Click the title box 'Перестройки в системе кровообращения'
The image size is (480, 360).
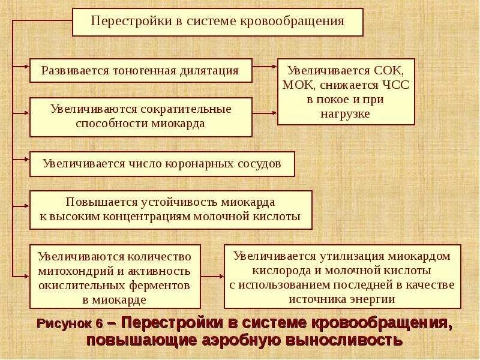[217, 22]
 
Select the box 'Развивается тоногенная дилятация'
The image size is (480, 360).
[140, 70]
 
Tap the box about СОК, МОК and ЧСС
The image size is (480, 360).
[346, 91]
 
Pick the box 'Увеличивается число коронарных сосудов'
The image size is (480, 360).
[162, 164]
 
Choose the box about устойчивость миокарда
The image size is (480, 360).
[170, 209]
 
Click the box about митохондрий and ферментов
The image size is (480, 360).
[115, 277]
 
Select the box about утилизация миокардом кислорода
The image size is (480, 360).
[342, 277]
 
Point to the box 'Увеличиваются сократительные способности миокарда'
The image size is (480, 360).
[140, 117]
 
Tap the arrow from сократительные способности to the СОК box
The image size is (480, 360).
[264, 113]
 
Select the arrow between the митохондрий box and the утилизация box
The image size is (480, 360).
[211, 277]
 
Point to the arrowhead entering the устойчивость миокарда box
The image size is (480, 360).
[26, 205]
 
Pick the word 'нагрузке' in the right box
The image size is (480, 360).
[346, 113]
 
